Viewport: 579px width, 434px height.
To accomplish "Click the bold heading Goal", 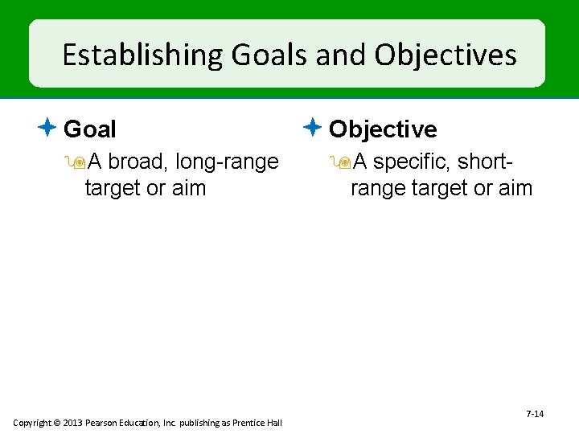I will tap(89, 129).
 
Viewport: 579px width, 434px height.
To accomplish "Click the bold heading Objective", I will tap(383, 129).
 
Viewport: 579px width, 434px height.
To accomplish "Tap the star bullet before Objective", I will tap(314, 128).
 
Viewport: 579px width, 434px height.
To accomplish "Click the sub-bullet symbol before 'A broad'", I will tap(78, 162).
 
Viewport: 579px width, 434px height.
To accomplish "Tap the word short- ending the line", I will tap(487, 162).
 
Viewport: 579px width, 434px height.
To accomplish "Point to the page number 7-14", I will tap(535, 414).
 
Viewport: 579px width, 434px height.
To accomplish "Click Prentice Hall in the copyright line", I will tap(255, 423).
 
